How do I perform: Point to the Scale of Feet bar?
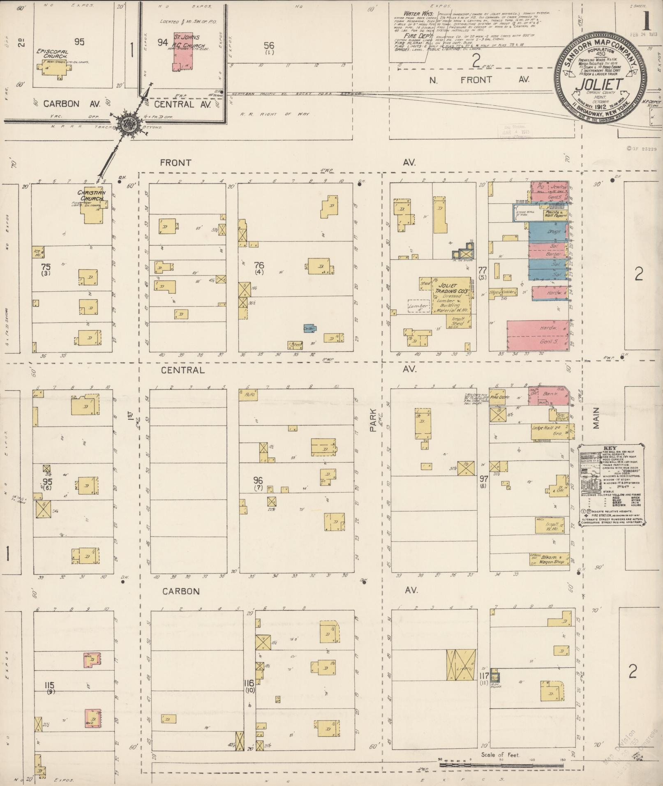(x=501, y=765)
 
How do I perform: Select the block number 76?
(x=259, y=265)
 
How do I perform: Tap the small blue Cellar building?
(x=310, y=328)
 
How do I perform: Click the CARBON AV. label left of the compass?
(x=61, y=104)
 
